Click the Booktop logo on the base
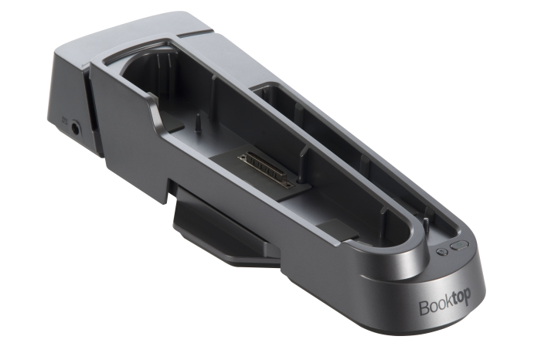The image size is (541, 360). coord(444,304)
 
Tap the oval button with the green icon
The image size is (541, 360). coord(459,245)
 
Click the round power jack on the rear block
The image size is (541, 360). coord(76,129)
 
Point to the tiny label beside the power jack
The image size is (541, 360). coord(64,121)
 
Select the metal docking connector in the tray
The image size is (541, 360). coord(266,170)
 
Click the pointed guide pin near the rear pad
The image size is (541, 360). coord(197,123)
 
